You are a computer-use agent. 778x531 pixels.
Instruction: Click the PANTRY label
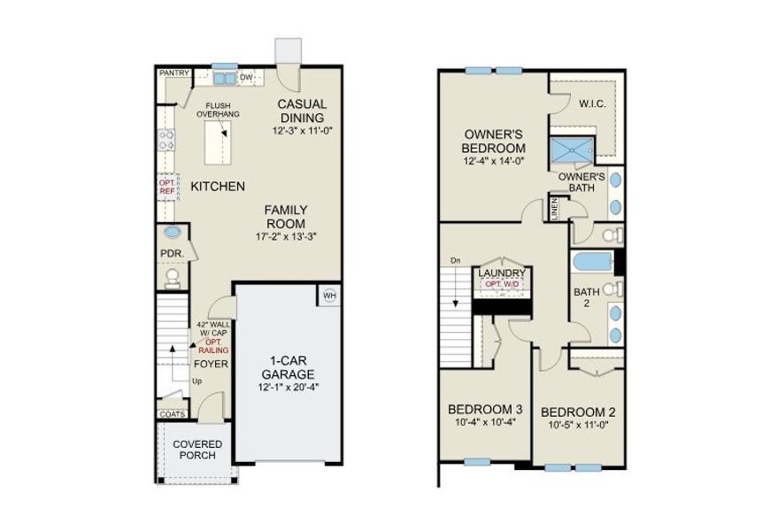tap(172, 74)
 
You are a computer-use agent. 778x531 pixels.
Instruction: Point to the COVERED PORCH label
tap(197, 450)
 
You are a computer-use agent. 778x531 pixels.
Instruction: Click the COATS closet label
tap(172, 413)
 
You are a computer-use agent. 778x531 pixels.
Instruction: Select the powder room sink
tap(173, 234)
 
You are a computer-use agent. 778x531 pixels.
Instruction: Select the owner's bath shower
tap(573, 151)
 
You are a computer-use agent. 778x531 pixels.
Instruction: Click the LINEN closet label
tap(555, 209)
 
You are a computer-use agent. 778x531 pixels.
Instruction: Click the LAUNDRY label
tap(502, 273)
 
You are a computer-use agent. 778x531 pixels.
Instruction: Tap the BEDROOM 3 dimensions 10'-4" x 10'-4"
tap(485, 421)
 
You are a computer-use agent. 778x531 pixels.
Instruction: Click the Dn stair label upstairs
tap(456, 260)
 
